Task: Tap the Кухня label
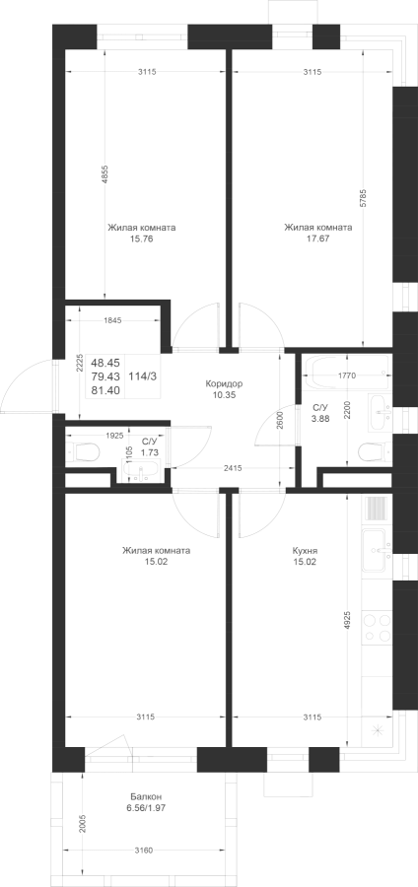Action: pyautogui.click(x=305, y=550)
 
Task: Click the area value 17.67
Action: pyautogui.click(x=317, y=239)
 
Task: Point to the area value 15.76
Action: pyautogui.click(x=141, y=239)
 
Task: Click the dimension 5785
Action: pyautogui.click(x=363, y=198)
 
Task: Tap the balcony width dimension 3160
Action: pyautogui.click(x=144, y=851)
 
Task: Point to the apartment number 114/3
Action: pyautogui.click(x=143, y=376)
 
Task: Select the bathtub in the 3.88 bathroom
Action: pyautogui.click(x=346, y=373)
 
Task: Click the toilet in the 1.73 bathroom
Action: pyautogui.click(x=83, y=451)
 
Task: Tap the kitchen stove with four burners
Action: pyautogui.click(x=377, y=628)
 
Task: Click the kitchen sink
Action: pyautogui.click(x=377, y=550)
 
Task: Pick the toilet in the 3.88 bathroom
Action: pyautogui.click(x=375, y=450)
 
